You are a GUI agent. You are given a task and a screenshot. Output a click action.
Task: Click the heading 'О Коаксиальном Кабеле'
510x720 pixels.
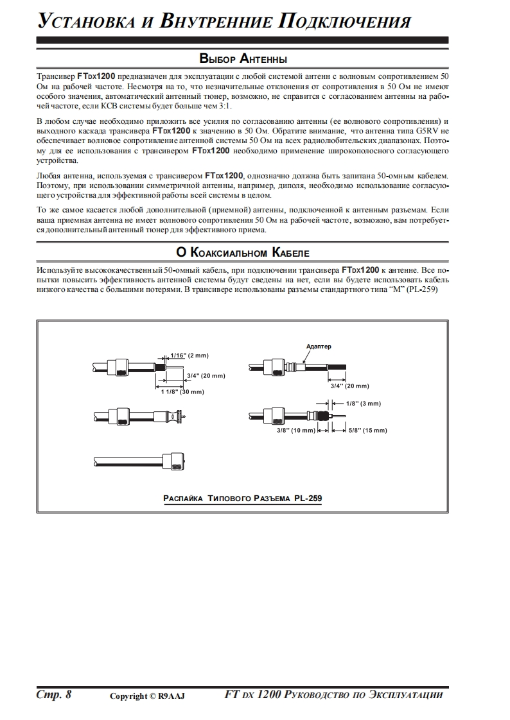(x=243, y=251)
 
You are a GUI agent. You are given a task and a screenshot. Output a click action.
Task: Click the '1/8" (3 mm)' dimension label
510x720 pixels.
(x=364, y=404)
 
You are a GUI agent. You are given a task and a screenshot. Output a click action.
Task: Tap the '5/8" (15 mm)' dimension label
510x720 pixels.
(x=367, y=431)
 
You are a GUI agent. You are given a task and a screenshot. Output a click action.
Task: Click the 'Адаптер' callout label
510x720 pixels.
(x=319, y=347)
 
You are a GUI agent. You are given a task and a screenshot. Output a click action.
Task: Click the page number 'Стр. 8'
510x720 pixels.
(x=53, y=694)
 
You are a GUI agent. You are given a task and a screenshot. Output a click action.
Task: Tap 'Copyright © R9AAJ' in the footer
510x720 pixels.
(x=147, y=696)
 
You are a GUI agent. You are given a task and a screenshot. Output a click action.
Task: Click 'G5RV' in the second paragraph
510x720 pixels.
(x=422, y=130)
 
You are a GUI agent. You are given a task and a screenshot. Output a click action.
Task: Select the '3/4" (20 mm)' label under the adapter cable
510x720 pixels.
(x=349, y=386)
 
